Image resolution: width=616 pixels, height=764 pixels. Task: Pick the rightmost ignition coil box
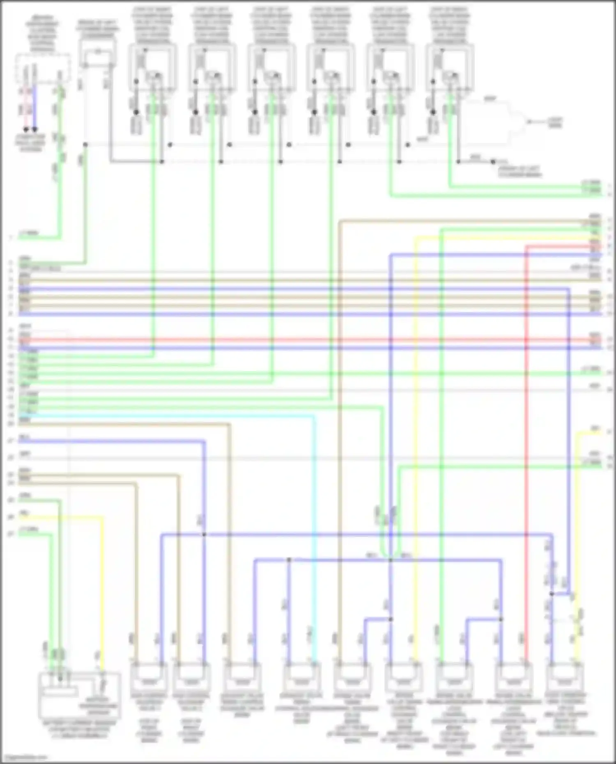point(450,68)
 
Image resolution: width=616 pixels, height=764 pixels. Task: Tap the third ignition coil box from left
point(271,68)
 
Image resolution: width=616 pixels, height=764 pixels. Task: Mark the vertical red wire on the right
point(526,452)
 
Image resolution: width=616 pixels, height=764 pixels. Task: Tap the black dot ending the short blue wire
point(35,129)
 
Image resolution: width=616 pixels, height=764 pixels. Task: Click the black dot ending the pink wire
point(26,129)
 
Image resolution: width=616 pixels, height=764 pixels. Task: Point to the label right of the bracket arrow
point(554,122)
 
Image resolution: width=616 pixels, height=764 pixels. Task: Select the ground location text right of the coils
point(519,172)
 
